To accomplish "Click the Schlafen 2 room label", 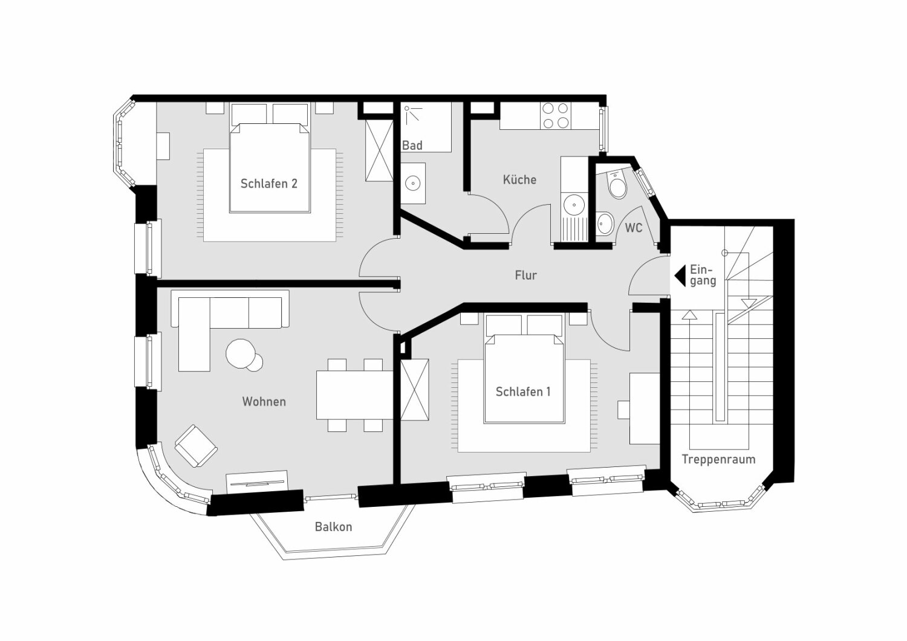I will click(x=268, y=184).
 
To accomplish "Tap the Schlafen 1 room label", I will click(x=522, y=392).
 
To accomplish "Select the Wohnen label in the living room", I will click(x=264, y=402).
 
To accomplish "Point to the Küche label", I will click(x=519, y=180).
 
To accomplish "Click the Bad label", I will click(x=412, y=146).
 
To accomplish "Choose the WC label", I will click(x=634, y=228).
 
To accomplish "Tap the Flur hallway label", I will click(x=525, y=275).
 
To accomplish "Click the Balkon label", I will click(x=333, y=527).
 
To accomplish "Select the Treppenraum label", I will click(x=718, y=459).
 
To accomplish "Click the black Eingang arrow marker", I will click(x=680, y=275).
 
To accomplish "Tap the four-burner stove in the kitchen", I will click(x=556, y=115).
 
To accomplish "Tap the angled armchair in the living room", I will click(x=196, y=446).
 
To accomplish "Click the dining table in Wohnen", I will click(x=356, y=395).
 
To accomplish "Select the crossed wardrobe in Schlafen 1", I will click(x=415, y=389).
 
